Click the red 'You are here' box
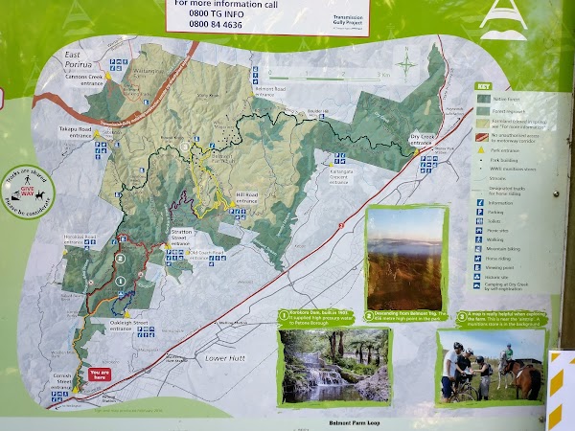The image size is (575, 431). pyautogui.click(x=98, y=375)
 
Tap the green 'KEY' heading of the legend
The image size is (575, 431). pyautogui.click(x=483, y=86)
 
